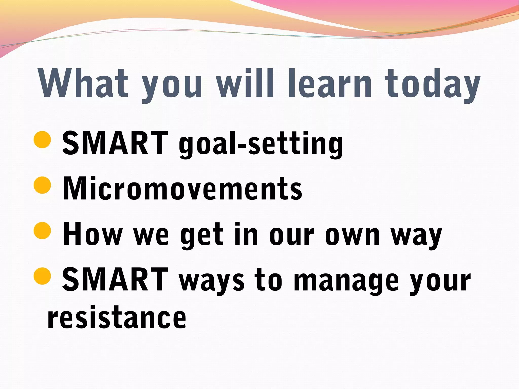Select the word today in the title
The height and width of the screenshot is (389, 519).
[x=432, y=85]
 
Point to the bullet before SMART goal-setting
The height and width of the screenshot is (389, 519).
[x=42, y=139]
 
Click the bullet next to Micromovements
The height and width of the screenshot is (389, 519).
[x=42, y=185]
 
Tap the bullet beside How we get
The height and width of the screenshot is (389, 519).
[x=42, y=231]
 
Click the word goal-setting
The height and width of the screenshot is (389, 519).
[x=261, y=144]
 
